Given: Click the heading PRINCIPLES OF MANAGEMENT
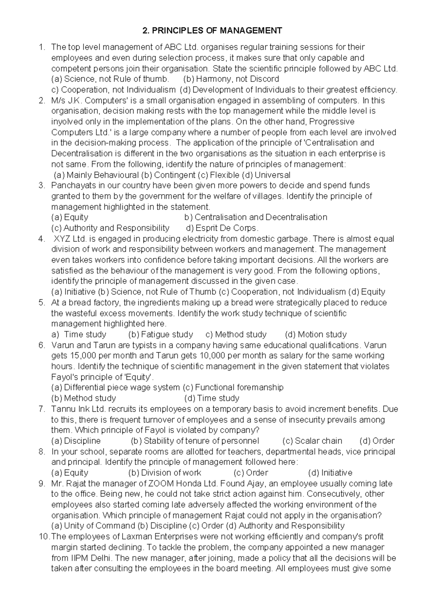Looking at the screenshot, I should pos(212,31).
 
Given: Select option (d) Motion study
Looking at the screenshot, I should pos(316,335).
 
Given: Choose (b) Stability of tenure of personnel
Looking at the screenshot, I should pos(195,441).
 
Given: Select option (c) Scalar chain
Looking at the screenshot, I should pos(312,441).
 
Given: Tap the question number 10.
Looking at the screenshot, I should pos(43,537).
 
